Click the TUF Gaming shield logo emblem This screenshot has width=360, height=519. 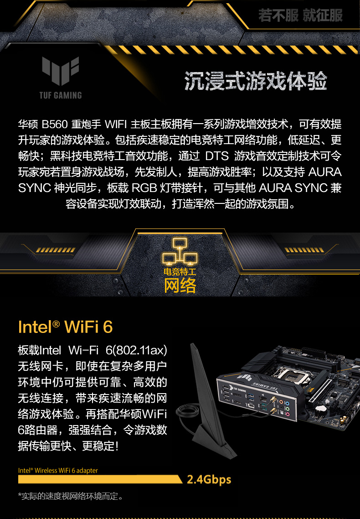tap(61, 71)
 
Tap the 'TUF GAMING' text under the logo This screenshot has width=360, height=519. tap(61, 95)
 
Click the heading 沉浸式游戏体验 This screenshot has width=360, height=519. tap(256, 81)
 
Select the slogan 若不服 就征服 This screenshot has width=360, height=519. tap(300, 15)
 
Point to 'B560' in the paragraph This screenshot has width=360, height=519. tap(55, 124)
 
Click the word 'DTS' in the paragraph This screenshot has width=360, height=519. tap(217, 156)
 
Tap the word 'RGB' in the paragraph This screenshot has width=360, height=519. tap(144, 188)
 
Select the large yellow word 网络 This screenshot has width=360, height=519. tap(180, 285)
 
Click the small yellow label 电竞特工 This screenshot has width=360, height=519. tap(180, 272)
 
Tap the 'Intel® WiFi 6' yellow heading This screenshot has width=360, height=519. tap(66, 327)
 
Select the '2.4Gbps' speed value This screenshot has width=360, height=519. tap(209, 480)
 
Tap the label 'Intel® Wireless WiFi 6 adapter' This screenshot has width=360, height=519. tap(58, 470)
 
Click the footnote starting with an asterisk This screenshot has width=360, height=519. tap(71, 496)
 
